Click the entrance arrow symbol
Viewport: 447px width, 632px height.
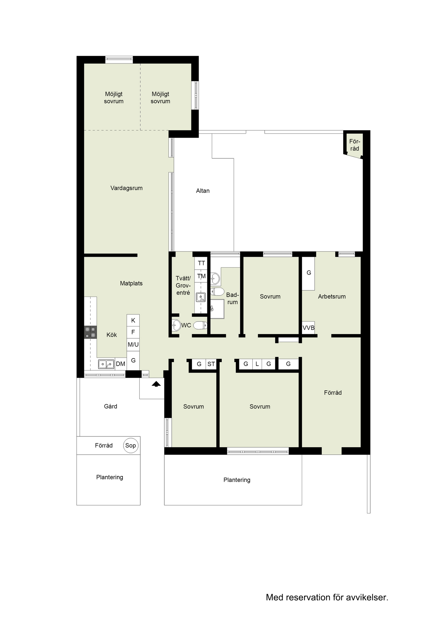(156, 384)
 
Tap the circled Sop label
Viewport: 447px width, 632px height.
(130, 445)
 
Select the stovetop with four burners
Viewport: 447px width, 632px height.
(91, 332)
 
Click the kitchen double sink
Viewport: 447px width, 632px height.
(106, 364)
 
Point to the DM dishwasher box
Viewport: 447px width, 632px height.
(121, 364)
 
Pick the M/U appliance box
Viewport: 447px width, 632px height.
(133, 345)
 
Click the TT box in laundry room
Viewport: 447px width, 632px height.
(201, 263)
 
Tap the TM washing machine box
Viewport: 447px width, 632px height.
(201, 276)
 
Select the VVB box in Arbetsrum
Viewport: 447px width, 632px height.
(308, 328)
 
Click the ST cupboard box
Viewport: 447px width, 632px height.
(211, 364)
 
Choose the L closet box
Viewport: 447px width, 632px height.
(257, 364)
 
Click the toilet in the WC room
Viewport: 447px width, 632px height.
(200, 326)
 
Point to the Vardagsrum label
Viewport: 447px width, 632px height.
(126, 188)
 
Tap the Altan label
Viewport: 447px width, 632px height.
(203, 191)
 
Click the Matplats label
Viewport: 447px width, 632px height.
(131, 283)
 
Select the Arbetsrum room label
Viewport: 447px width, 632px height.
(332, 296)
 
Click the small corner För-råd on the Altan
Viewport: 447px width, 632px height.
(354, 145)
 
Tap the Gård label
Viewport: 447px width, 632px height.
(111, 406)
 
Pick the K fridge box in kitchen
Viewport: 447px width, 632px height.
(133, 320)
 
